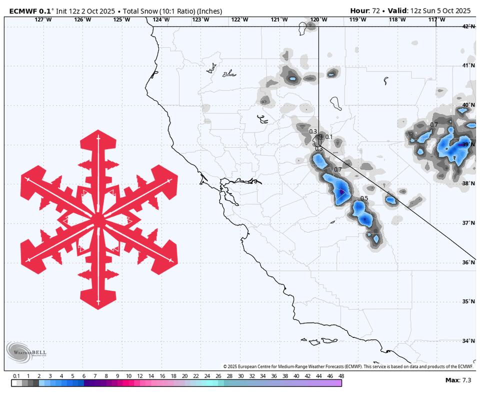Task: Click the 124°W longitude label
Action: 161,19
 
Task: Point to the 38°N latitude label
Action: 468,183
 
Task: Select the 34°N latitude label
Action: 468,341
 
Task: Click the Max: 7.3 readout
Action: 458,380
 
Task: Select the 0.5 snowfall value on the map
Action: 364,198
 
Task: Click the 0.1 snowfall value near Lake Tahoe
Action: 328,136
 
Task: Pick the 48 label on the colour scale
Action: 341,376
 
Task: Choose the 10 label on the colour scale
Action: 128,376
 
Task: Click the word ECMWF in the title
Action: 23,10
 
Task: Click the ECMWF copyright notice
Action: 347,366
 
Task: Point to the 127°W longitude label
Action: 43,19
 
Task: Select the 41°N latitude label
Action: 468,65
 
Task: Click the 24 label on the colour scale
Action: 207,376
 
